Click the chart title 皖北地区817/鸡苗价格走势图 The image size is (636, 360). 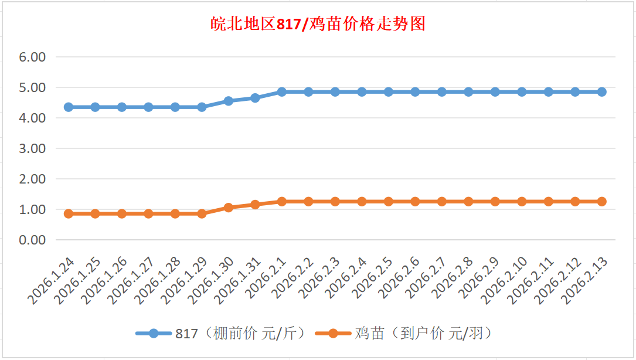tap(318, 24)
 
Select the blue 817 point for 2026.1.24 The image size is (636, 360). tap(69, 107)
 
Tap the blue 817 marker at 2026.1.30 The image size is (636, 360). tap(229, 101)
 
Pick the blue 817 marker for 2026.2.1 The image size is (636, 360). tap(282, 92)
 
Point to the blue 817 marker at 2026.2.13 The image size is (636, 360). tap(602, 92)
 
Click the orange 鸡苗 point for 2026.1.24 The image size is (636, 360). tap(69, 214)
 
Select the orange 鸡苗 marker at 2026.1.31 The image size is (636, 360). tap(255, 205)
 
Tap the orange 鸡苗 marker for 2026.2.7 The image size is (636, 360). tap(442, 202)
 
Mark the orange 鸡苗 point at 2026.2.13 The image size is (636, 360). tap(602, 202)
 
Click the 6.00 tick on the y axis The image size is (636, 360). tap(33, 57)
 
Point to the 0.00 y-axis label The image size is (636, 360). tap(33, 240)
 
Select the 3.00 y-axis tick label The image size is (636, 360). tap(33, 149)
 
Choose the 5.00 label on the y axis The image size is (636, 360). tap(33, 88)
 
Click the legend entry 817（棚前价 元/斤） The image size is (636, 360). tap(223, 334)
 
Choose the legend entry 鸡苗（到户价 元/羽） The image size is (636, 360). tap(404, 334)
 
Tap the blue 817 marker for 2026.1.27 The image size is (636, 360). tap(148, 107)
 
